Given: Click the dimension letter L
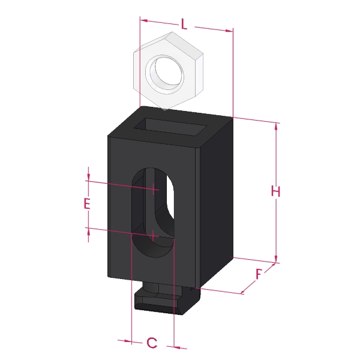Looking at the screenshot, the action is (184, 24).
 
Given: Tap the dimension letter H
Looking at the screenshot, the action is (275, 191).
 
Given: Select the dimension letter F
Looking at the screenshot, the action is (259, 274).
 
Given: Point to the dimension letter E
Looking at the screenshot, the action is (87, 203).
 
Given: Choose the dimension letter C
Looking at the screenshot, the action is (152, 343).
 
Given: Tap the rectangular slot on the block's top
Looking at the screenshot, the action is (170, 127).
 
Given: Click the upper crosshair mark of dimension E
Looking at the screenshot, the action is (153, 189).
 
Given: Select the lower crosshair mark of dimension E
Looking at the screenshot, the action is (153, 235).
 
